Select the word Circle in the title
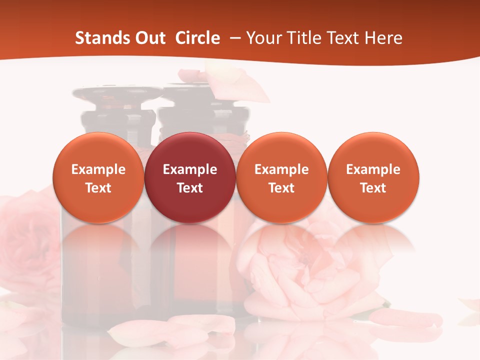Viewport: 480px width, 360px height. click(197, 38)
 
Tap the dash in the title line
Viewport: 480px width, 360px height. click(233, 38)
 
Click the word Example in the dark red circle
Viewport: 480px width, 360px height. click(190, 169)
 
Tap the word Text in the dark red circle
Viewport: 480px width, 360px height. click(190, 188)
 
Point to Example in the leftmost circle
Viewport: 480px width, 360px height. click(98, 169)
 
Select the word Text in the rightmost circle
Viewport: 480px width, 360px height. click(373, 188)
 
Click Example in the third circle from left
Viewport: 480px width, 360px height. click(281, 169)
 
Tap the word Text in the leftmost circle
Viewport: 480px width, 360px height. click(98, 188)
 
